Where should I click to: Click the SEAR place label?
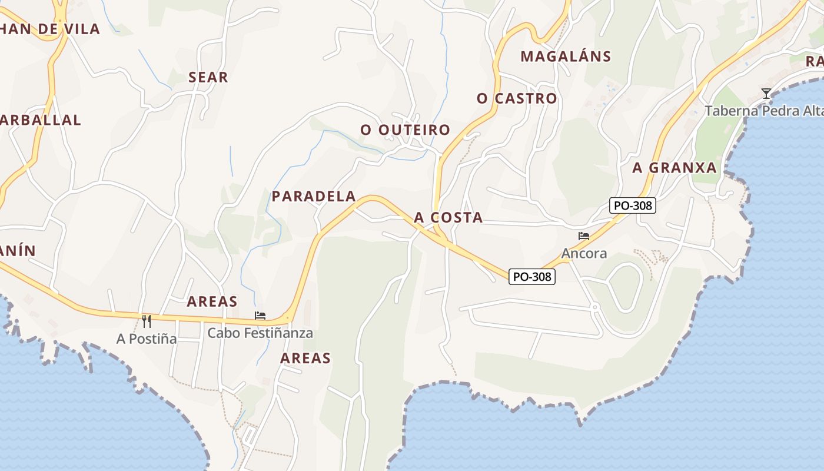[x=208, y=77]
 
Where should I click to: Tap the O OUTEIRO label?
[x=405, y=130]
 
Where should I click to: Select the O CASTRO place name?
[x=517, y=98]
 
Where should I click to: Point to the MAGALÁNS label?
[x=566, y=57]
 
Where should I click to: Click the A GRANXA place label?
[x=675, y=168]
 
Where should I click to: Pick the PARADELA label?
[x=314, y=196]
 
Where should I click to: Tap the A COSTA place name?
[x=448, y=218]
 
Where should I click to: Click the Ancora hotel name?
[x=584, y=253]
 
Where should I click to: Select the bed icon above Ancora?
[x=584, y=236]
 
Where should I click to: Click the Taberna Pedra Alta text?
[x=763, y=111]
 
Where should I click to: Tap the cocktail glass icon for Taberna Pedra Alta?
[x=766, y=93]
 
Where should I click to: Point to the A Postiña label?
[x=147, y=339]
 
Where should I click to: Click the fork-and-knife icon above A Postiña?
[x=147, y=321]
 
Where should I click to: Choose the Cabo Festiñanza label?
[x=260, y=333]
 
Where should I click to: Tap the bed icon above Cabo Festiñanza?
[x=260, y=316]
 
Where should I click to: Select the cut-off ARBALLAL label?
[x=40, y=120]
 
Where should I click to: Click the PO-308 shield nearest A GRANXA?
[x=632, y=205]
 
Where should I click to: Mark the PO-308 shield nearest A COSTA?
[x=532, y=276]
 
